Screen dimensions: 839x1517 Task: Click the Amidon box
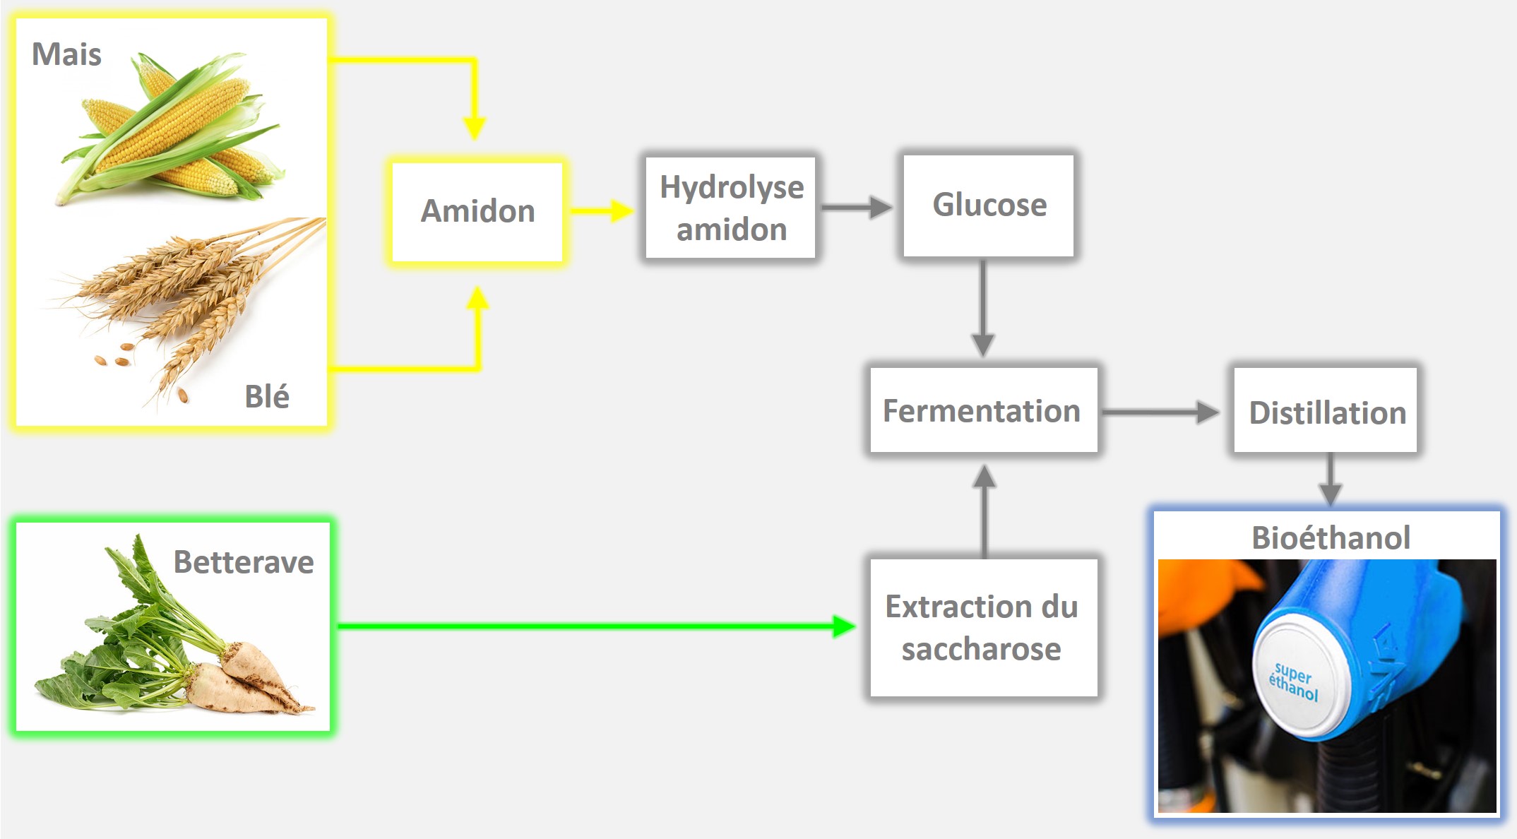point(477,211)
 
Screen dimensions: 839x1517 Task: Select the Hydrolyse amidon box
point(731,208)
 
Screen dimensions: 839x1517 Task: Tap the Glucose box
point(989,206)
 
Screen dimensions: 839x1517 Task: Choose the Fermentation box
point(983,410)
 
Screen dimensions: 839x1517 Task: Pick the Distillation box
point(1326,412)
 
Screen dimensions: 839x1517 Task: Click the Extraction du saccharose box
point(983,627)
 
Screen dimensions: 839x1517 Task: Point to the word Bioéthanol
point(1331,537)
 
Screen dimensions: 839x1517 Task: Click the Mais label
point(66,54)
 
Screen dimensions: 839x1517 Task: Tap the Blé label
point(266,396)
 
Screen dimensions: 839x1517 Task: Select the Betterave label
point(244,562)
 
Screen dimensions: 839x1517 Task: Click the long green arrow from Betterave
point(593,626)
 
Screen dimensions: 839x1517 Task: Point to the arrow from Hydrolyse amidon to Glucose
point(856,207)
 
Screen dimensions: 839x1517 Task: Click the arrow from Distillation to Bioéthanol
point(1330,480)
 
